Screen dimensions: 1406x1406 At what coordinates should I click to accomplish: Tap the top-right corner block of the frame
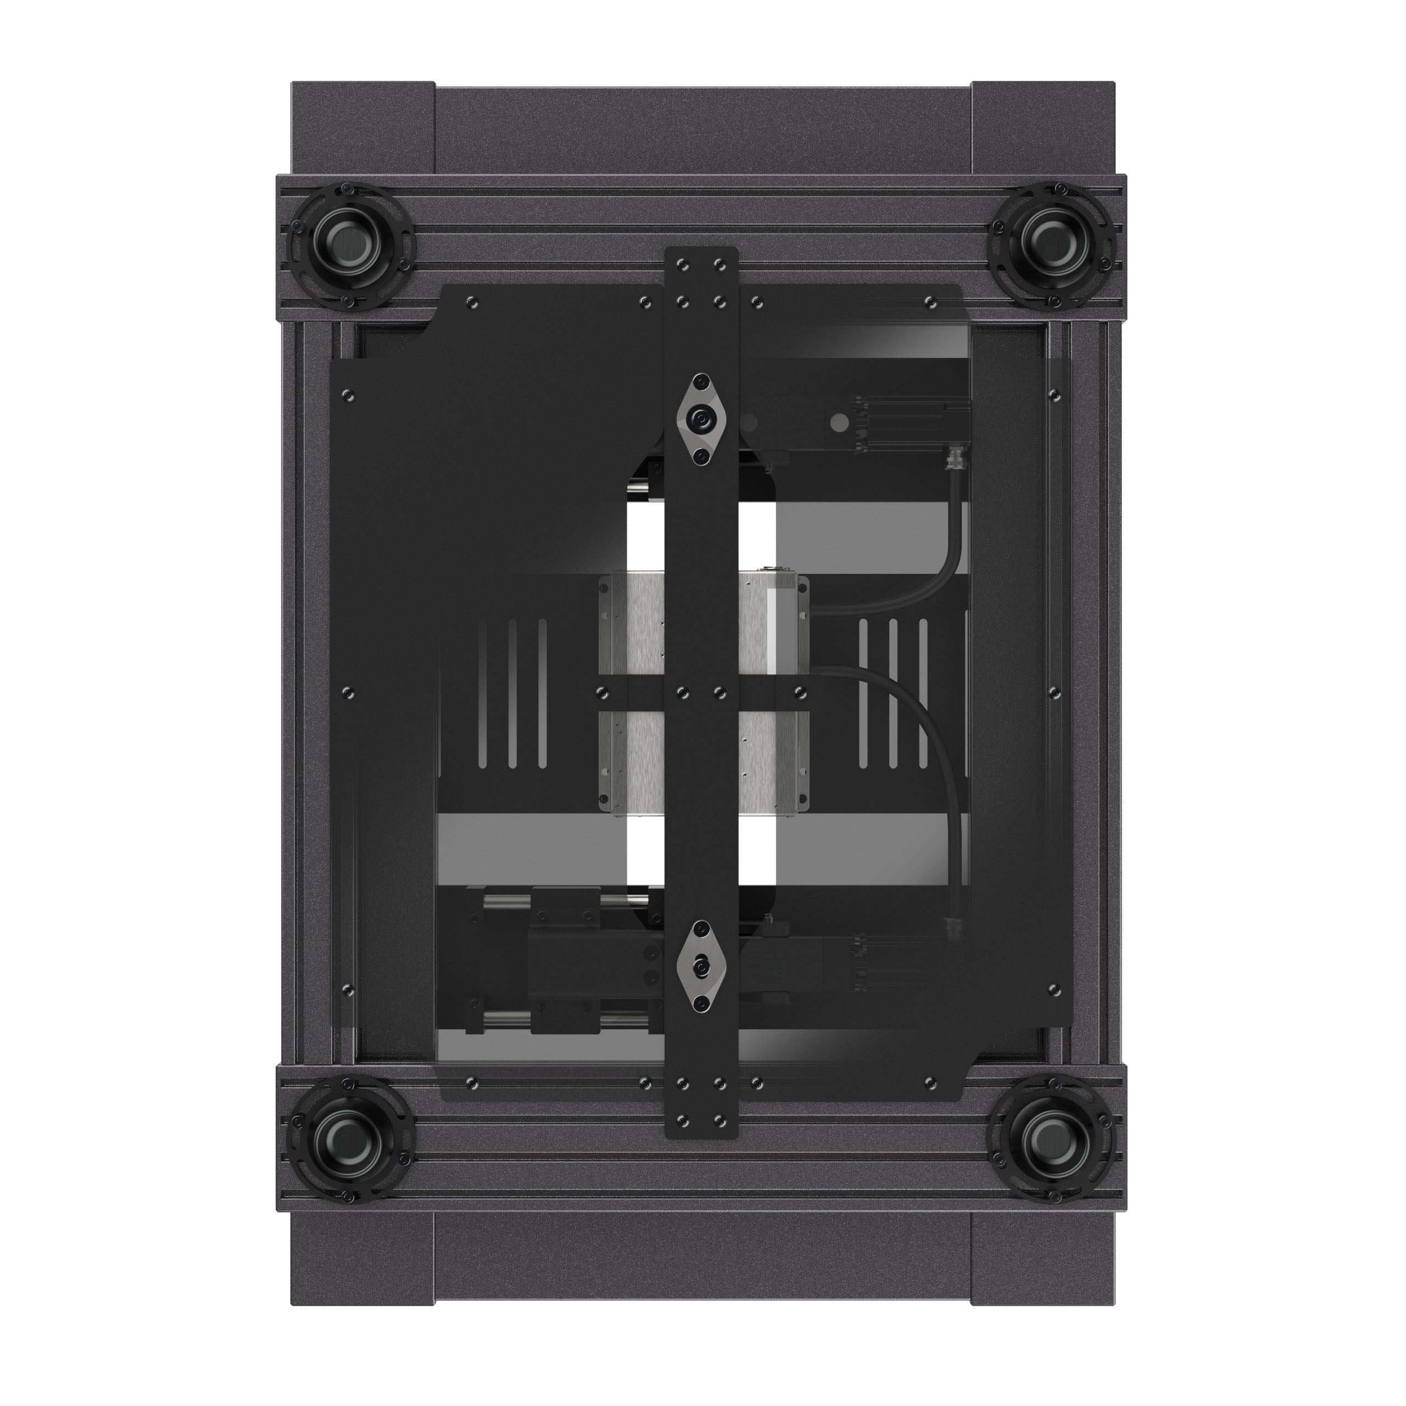pyautogui.click(x=1042, y=127)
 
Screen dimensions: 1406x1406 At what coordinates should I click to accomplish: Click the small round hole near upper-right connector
pyautogui.click(x=838, y=422)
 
